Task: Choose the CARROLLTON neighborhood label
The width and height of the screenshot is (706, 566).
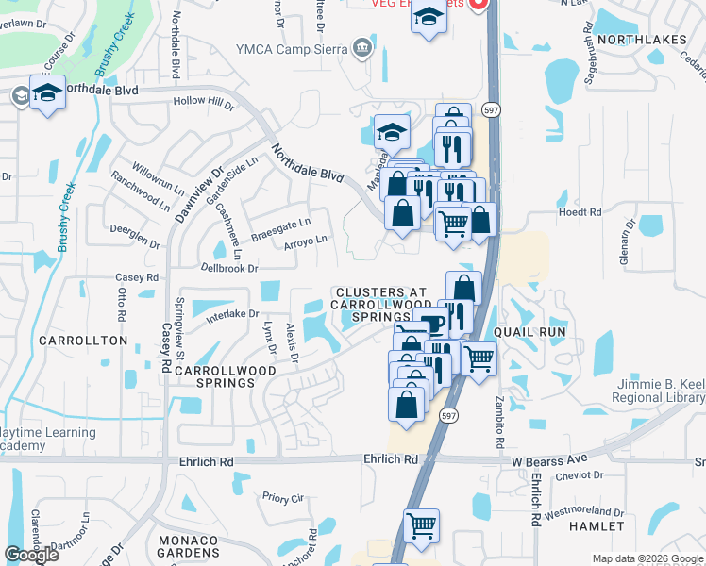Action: tap(83, 340)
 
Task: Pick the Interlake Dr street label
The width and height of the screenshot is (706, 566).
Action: tap(232, 313)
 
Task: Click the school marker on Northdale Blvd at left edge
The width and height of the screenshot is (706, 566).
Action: tap(47, 93)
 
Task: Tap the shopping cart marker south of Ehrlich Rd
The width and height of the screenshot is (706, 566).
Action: tap(421, 525)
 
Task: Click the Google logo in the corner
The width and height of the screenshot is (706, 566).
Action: tap(31, 555)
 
